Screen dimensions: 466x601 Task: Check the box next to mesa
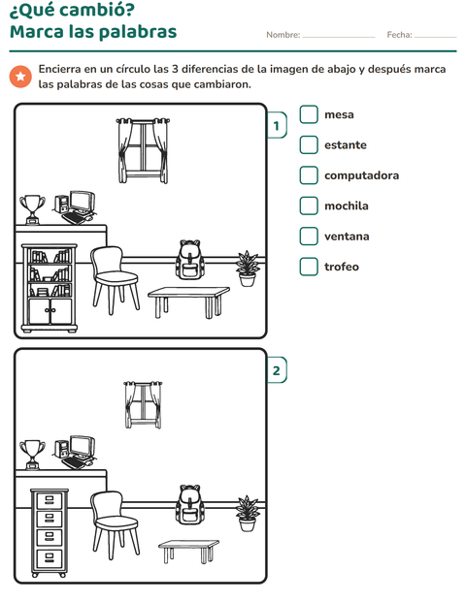[309, 114]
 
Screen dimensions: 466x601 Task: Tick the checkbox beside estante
[309, 144]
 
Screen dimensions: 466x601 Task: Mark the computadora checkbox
[309, 175]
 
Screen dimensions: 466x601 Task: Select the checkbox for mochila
[309, 206]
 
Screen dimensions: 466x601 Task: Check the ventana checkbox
[309, 237]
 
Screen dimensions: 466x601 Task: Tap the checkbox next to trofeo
[309, 267]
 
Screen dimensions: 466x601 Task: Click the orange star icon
[20, 77]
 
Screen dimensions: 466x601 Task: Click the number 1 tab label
[277, 125]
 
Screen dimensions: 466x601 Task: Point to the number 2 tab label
[277, 370]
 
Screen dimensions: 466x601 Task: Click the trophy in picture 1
[32, 209]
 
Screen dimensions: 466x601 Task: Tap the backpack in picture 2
[190, 504]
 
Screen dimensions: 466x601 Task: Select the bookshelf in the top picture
[50, 288]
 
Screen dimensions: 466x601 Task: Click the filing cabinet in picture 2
[50, 533]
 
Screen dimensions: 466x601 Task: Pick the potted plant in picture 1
[248, 269]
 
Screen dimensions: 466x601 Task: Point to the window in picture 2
[143, 405]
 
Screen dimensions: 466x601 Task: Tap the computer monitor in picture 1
[83, 202]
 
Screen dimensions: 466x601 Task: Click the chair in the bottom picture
[115, 525]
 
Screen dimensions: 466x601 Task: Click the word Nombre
[283, 35]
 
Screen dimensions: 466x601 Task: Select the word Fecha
[399, 35]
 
